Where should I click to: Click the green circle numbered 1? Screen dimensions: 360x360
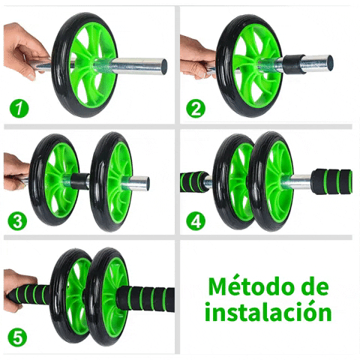tap(19, 109)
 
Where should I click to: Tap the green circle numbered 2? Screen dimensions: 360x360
tap(196, 109)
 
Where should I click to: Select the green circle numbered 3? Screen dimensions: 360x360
tap(17, 221)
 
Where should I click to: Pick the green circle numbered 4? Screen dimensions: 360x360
tap(196, 221)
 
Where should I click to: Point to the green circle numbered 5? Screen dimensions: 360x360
tap(17, 337)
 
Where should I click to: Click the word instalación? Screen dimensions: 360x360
tap(268, 311)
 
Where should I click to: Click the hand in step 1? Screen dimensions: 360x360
tap(25, 51)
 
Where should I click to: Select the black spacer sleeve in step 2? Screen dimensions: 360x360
tap(294, 64)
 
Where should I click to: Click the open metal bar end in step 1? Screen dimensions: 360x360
tap(163, 67)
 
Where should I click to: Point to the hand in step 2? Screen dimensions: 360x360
tap(197, 58)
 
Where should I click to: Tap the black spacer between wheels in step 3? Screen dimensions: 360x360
tap(80, 181)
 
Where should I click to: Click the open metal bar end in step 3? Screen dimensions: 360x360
tap(147, 184)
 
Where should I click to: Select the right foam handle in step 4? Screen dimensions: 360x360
tap(332, 181)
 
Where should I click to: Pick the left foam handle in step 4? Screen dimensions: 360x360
tap(194, 181)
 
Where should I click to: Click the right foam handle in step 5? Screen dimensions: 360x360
tap(146, 299)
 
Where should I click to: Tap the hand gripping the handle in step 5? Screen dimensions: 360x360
tap(20, 290)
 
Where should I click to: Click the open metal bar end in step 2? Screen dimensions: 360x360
tap(330, 64)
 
